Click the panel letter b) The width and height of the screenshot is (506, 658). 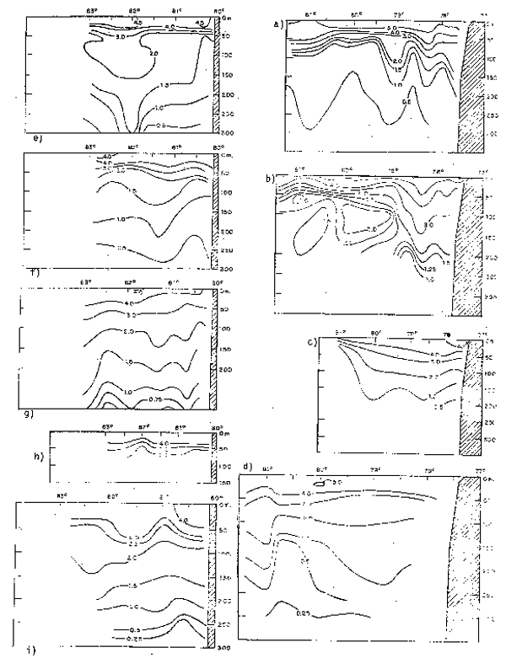point(267,180)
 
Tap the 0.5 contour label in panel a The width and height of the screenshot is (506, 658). point(406,101)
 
